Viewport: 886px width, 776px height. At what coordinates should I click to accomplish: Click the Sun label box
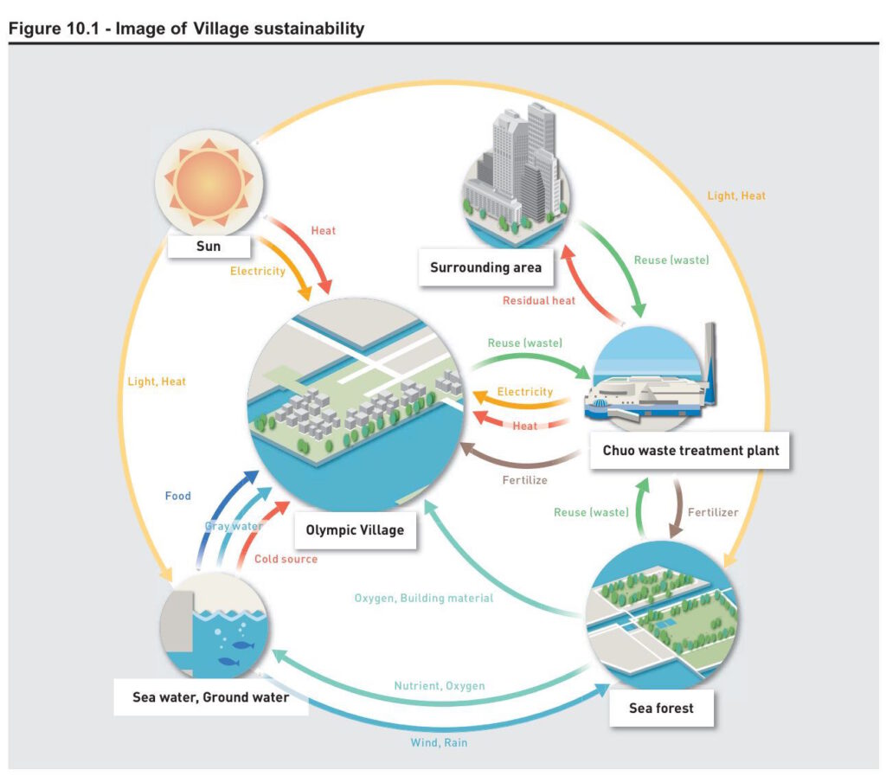(209, 247)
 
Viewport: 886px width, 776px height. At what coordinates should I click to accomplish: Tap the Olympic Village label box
(355, 529)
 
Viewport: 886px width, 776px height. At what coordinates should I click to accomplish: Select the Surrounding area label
(485, 266)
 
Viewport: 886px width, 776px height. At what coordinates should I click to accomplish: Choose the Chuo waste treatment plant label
(690, 450)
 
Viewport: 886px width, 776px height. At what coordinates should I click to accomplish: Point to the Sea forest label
(661, 708)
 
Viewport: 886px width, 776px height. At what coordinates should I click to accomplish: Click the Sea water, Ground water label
(211, 696)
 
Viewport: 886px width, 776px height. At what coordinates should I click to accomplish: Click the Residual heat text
(539, 300)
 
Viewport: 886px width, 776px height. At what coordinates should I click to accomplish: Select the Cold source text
(286, 559)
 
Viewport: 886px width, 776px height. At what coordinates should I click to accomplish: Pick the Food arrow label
(178, 497)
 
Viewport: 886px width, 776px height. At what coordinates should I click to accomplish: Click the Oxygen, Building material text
(424, 598)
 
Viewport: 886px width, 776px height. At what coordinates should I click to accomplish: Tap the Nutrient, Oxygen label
(440, 686)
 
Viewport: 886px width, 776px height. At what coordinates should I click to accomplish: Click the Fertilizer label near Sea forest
(713, 512)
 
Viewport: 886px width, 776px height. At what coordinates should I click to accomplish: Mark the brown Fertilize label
(524, 479)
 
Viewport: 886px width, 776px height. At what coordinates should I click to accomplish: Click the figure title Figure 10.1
(186, 29)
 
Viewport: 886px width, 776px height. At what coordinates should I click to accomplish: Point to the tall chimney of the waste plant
(710, 363)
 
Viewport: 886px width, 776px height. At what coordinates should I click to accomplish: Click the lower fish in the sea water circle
(228, 662)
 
